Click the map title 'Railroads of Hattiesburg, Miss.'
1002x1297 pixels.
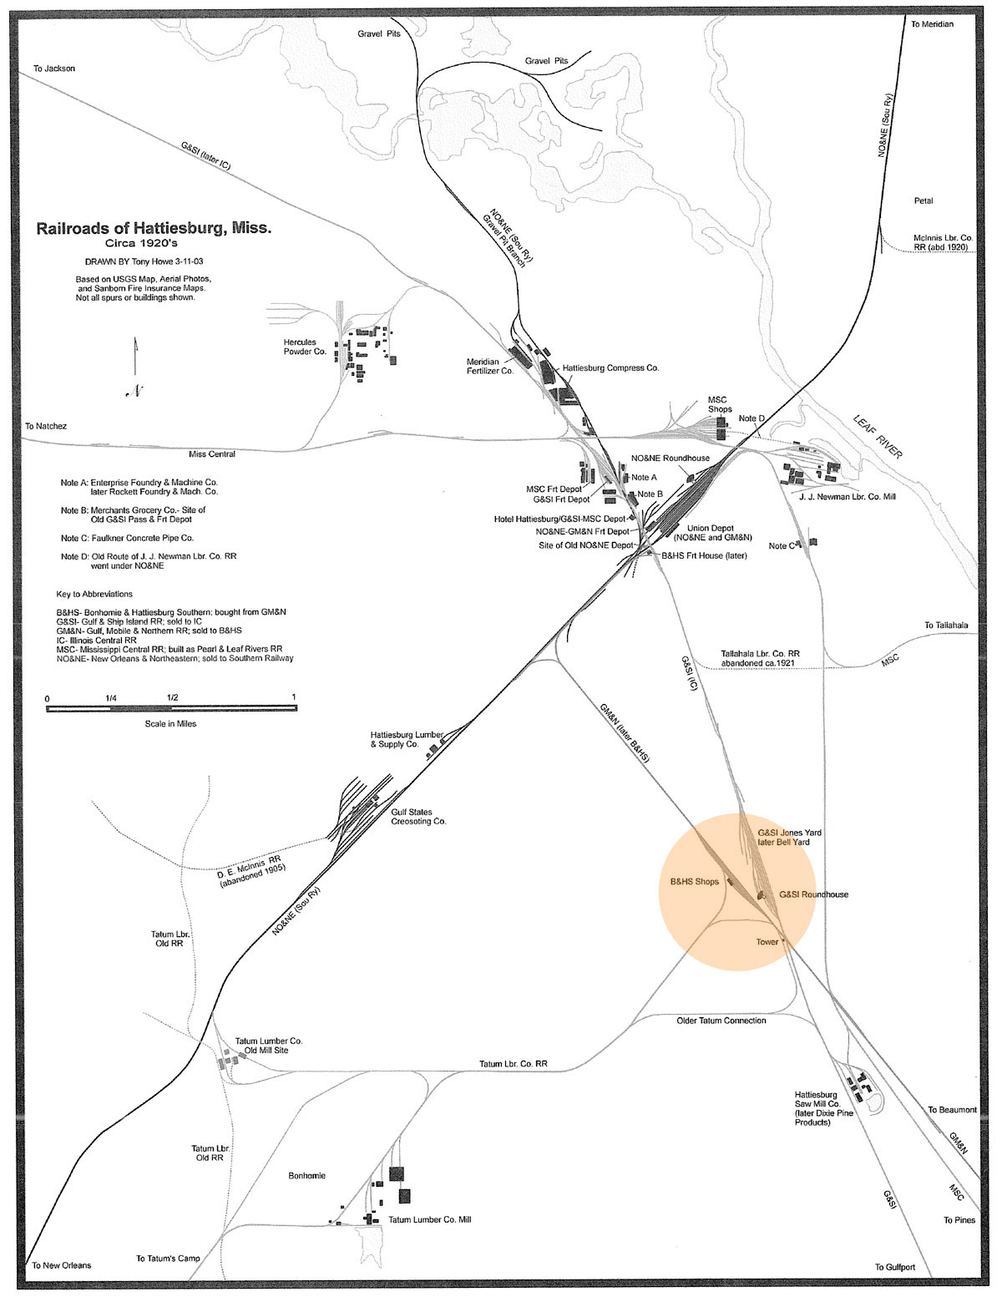point(154,228)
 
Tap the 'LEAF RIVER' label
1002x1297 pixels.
point(878,436)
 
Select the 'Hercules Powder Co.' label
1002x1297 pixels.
point(305,347)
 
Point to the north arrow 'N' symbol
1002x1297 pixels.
point(134,390)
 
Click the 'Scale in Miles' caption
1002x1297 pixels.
point(170,723)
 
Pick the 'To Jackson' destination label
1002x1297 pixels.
point(54,68)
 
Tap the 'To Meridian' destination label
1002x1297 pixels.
point(932,24)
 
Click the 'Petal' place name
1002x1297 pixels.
point(924,200)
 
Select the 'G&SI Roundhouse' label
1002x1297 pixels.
point(813,894)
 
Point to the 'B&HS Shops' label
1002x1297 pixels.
point(694,881)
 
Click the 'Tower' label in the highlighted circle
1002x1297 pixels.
point(767,942)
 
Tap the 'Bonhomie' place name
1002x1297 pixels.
point(306,1176)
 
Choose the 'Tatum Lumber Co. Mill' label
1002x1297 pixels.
point(429,1220)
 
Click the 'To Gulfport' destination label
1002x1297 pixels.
point(894,1267)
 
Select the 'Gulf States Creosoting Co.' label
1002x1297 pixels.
point(418,816)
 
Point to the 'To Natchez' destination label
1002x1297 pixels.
point(46,426)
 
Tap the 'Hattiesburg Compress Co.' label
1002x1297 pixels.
point(610,367)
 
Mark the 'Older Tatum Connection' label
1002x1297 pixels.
point(721,1021)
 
